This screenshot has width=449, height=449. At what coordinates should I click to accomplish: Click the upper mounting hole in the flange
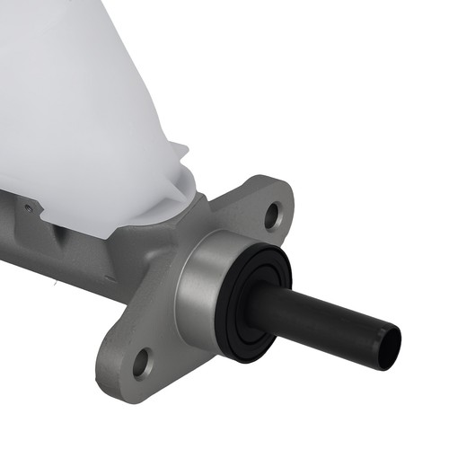tap(273, 215)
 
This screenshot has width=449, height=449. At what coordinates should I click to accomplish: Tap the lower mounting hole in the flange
tap(141, 364)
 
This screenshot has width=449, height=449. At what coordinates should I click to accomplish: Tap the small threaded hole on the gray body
tap(29, 208)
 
